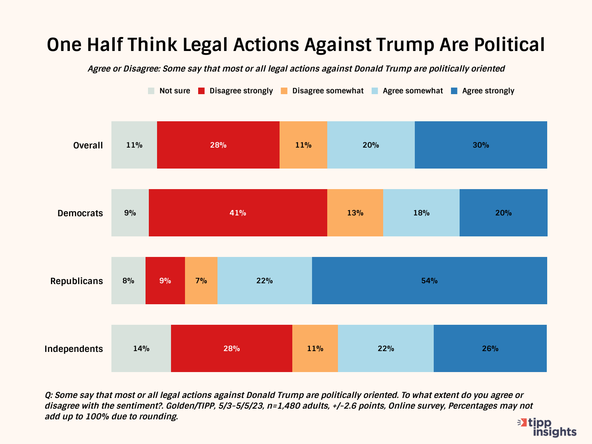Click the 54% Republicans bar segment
coord(429,280)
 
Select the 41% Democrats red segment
coord(238,213)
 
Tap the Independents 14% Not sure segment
coord(141,348)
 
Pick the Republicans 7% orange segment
coord(201,280)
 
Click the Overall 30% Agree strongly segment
coord(481,145)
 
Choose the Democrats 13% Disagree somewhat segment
coord(355,213)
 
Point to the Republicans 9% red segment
coord(165,280)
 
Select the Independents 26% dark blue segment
coord(490,348)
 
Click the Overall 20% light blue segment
coord(370,145)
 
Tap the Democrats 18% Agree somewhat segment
coord(421,213)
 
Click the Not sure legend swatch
coord(151,91)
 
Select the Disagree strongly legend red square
coord(201,91)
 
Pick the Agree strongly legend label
coord(488,91)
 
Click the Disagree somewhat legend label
coord(328,91)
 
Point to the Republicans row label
coord(76,281)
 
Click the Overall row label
coord(88,145)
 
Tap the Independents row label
coord(74,349)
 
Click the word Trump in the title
coord(405,44)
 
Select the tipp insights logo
coord(548,427)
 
